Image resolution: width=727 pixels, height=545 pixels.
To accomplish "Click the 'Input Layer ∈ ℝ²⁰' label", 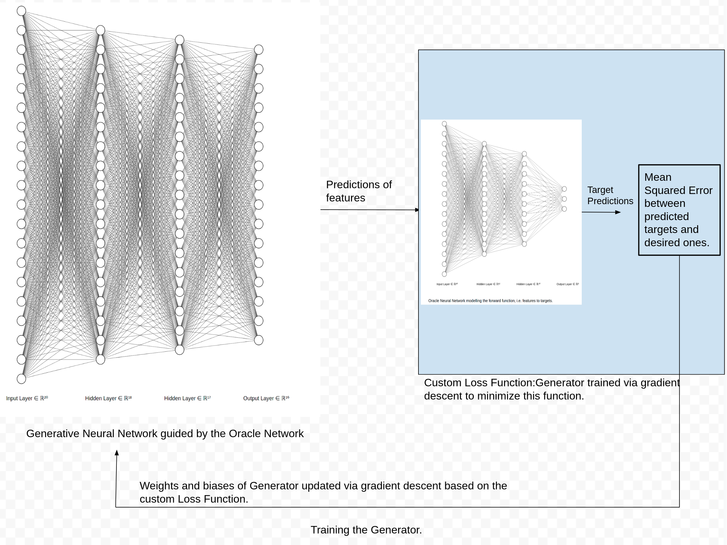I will point(27,398).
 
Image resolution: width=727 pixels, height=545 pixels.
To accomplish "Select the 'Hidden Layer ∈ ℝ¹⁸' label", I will point(108,398).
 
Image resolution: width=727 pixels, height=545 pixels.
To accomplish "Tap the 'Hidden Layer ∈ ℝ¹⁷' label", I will point(187,398).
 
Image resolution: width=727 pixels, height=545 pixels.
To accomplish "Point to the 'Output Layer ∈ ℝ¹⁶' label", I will point(266,398).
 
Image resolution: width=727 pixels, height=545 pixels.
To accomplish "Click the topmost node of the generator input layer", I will point(21,11).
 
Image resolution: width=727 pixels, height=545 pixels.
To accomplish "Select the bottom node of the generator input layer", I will point(21,379).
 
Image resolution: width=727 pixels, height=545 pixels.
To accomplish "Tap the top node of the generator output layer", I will point(259,50).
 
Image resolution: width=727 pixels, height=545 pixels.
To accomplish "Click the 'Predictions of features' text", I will point(358,191).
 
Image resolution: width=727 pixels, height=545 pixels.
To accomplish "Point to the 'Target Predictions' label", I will point(610,195).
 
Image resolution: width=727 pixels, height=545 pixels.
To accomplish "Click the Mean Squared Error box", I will point(679,210).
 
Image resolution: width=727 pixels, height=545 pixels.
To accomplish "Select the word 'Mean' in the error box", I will point(658,177).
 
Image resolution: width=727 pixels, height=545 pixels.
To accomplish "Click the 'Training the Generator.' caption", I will point(366,530).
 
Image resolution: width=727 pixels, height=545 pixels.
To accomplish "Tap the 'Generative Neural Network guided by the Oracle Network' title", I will point(165,434).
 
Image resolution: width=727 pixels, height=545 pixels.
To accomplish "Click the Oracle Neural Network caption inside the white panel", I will point(490,301).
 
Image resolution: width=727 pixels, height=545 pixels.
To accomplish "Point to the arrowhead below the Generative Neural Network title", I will point(117,453).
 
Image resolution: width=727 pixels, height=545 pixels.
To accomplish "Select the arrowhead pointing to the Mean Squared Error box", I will point(618,212).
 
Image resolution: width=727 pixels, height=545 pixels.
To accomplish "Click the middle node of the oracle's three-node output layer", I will point(564,199).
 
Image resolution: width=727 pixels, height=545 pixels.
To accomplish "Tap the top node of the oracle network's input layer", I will point(444,124).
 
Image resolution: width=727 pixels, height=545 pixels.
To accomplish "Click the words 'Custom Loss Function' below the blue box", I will point(479,383).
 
